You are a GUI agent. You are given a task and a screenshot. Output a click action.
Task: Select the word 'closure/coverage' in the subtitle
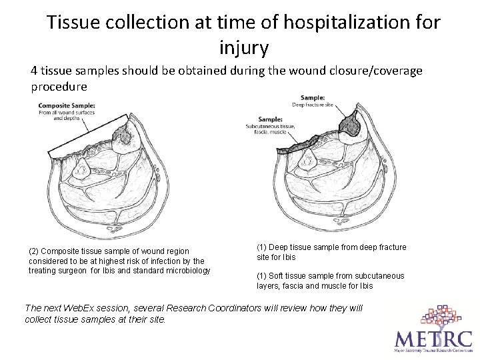(x=377, y=71)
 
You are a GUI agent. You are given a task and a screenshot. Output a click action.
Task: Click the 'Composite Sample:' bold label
(x=67, y=105)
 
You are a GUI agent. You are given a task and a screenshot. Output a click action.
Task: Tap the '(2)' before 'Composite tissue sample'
(x=35, y=251)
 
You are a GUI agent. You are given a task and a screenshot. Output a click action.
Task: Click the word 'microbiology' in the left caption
(x=187, y=270)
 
